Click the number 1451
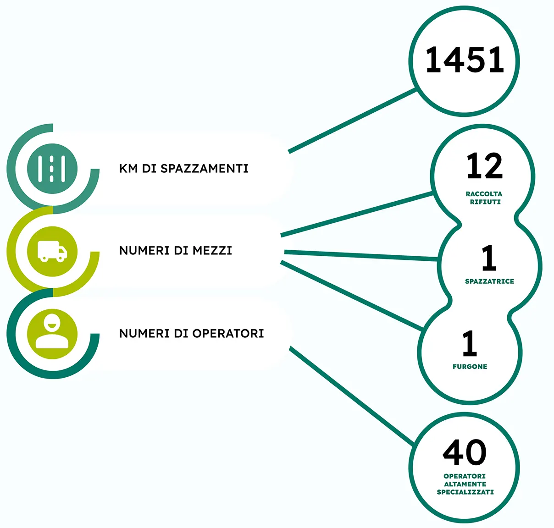[465, 60]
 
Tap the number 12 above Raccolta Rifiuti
[485, 166]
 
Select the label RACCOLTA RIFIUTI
[484, 198]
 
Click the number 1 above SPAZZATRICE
[489, 258]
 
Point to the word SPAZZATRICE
[489, 281]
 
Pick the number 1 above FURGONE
[469, 344]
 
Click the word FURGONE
[470, 367]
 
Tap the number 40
[465, 453]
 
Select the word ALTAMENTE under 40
[465, 484]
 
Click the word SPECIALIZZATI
[465, 492]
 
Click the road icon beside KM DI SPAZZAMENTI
[52, 169]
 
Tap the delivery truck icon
[52, 251]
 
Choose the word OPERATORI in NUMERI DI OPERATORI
[228, 333]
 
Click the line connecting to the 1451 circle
[352, 121]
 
